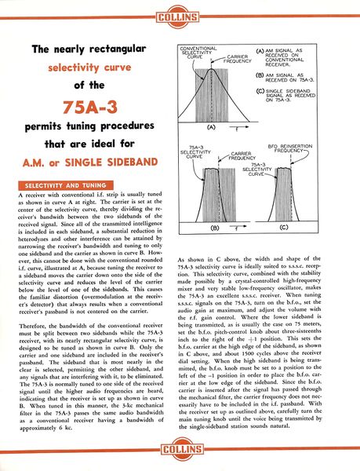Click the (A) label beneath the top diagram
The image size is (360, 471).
pos(211,126)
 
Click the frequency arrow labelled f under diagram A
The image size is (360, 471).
pos(235,127)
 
